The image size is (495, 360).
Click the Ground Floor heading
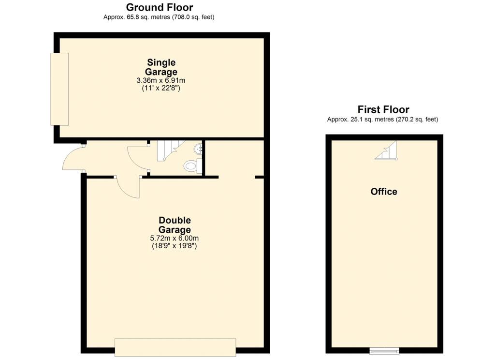(159, 7)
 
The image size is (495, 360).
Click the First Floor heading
(383, 109)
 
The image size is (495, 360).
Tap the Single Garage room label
(161, 67)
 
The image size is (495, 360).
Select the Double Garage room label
(175, 225)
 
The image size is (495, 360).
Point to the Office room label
(384, 192)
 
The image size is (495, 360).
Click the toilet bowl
(192, 165)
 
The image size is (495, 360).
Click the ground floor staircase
(167, 150)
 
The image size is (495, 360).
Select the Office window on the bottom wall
(384, 350)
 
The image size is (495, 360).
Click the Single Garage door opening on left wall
(59, 89)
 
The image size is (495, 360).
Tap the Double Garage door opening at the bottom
(175, 347)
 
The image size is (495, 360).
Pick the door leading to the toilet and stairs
(138, 158)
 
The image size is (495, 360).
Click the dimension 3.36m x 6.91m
(161, 80)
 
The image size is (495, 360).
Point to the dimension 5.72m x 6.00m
(175, 238)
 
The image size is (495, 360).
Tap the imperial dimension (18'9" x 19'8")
(175, 246)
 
